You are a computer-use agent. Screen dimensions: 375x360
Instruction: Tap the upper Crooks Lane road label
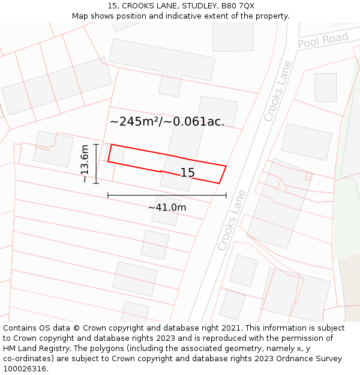coord(277,91)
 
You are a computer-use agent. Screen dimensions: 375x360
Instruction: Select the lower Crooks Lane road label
coord(232,220)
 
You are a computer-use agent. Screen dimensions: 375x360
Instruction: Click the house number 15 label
coord(187,173)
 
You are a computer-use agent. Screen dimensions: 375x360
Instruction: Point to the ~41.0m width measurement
coord(167,208)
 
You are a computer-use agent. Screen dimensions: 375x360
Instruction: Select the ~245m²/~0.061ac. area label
coord(167,121)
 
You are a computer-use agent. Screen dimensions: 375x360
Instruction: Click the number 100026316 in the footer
coord(24,368)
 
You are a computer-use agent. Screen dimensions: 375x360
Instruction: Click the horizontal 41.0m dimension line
coord(167,195)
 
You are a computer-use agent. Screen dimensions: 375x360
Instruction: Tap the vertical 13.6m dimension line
coord(96,163)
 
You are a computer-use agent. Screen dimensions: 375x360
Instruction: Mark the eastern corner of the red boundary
coord(226,166)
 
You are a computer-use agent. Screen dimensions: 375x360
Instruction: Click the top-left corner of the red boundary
coord(111,145)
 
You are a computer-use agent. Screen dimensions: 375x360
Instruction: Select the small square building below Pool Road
coord(326,87)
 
